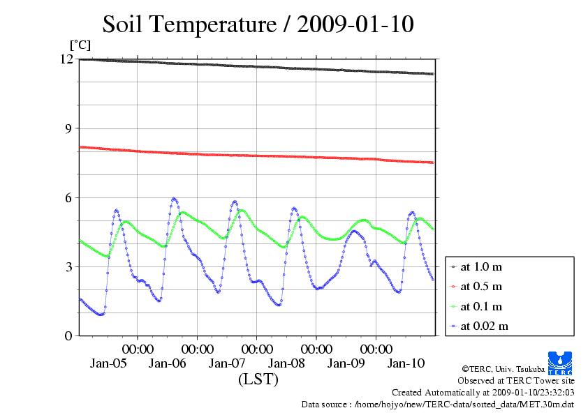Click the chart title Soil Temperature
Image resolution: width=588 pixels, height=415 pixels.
(258, 24)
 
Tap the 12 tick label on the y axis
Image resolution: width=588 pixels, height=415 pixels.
(66, 59)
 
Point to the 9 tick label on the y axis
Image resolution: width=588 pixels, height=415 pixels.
(68, 128)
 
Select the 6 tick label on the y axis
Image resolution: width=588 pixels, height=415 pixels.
(68, 197)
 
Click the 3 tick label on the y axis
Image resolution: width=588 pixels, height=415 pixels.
(68, 266)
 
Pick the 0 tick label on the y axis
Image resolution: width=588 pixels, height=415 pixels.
(68, 335)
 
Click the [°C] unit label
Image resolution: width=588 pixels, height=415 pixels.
(79, 45)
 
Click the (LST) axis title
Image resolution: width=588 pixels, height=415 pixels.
(258, 379)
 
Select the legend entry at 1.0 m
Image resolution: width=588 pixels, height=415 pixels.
(482, 267)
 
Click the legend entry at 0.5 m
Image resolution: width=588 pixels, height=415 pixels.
(482, 287)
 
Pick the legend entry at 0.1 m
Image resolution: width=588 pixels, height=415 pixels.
(482, 306)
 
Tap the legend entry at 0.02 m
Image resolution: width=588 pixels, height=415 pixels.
(484, 326)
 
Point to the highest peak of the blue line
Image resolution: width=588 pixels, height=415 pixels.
(174, 198)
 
